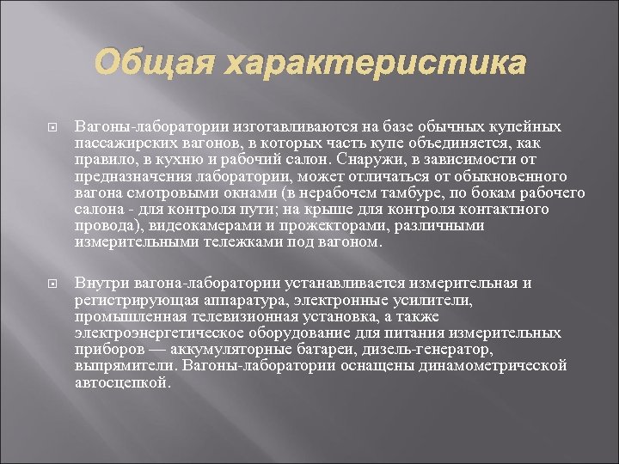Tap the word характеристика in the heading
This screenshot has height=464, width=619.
pos(375,63)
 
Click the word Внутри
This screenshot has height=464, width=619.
pos(100,283)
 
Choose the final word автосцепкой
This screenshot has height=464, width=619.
pos(122,382)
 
